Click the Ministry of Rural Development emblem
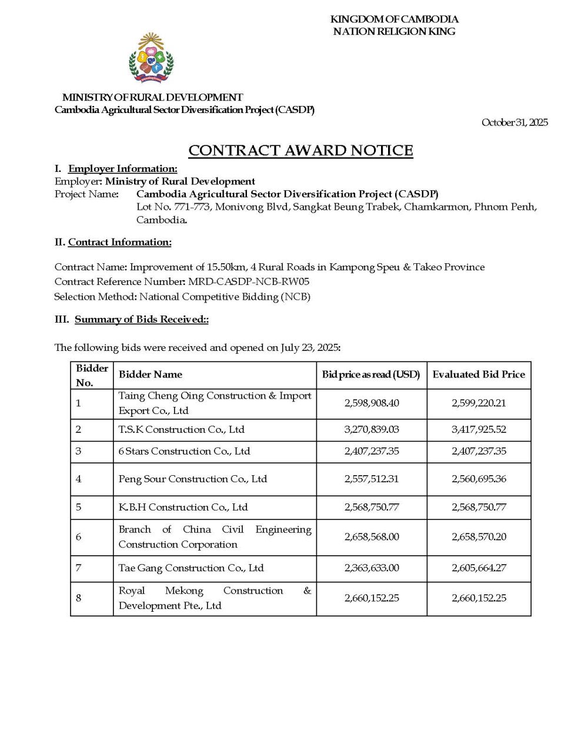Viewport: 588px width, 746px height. [151, 58]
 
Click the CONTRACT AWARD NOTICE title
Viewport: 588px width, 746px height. [300, 150]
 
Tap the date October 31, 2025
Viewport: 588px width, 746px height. [514, 122]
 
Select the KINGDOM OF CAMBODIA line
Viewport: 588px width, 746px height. [394, 19]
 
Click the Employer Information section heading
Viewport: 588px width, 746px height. [122, 169]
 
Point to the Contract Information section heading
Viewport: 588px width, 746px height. [119, 242]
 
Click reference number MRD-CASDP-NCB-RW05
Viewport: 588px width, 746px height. [249, 281]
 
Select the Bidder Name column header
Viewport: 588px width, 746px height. [151, 374]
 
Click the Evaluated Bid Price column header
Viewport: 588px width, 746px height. [479, 374]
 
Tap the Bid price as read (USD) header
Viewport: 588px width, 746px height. [371, 374]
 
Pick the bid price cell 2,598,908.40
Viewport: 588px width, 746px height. [371, 403]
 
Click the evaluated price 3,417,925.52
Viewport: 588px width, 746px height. [479, 430]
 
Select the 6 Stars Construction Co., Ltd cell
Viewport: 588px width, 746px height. [184, 452]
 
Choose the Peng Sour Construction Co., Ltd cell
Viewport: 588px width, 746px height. [193, 479]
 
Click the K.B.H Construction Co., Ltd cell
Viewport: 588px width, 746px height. [183, 508]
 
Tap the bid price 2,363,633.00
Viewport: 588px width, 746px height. [371, 568]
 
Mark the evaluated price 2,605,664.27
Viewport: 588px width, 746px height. [479, 568]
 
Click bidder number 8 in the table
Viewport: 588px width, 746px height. [79, 598]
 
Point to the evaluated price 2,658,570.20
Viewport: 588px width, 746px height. [479, 537]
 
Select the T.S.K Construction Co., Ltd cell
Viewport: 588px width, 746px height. [181, 430]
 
